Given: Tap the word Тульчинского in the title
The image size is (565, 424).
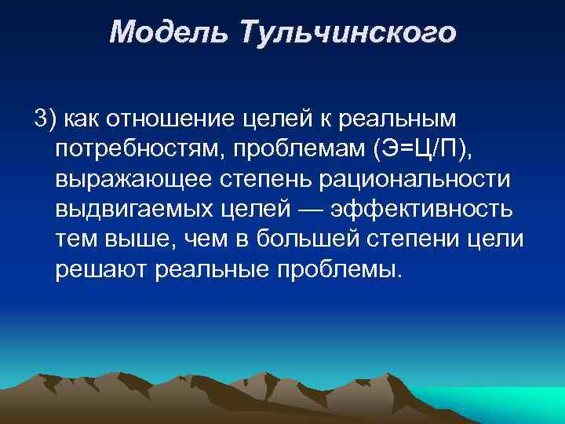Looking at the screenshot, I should point(348,33).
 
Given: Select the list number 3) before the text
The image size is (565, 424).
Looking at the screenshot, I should point(45,119).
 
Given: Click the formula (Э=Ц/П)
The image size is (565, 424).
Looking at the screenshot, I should point(414,148).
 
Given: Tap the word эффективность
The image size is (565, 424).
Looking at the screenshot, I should point(422,210).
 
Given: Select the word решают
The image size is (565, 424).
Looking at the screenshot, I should point(103,270).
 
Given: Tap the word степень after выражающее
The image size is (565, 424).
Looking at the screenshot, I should point(264,179).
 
